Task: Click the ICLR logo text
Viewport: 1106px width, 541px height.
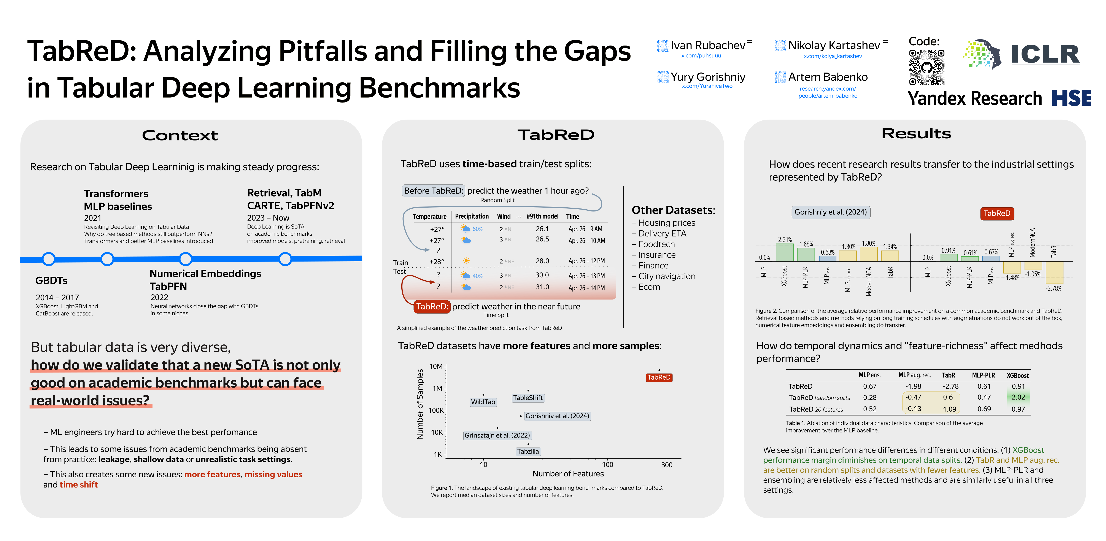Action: pos(1045,54)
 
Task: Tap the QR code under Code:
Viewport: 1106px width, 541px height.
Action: pos(926,67)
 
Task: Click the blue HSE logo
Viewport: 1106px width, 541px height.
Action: pos(1071,98)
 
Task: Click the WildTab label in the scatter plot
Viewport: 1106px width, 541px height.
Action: pos(483,402)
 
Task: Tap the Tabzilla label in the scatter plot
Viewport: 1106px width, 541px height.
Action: pos(528,451)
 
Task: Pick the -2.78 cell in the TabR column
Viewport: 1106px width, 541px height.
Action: pos(950,386)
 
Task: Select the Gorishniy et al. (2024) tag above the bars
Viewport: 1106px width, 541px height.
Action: pos(830,212)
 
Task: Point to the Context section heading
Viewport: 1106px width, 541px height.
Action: pos(180,136)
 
